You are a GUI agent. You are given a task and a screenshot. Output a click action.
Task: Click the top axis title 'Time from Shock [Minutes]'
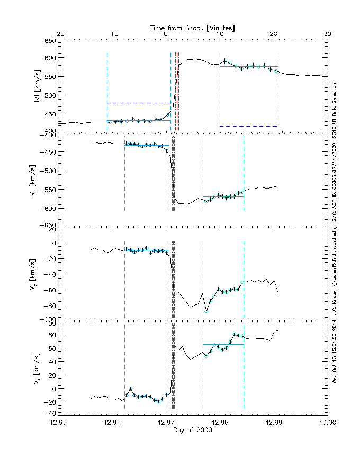(192, 27)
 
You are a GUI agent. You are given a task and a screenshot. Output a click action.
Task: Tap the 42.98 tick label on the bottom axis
(220, 423)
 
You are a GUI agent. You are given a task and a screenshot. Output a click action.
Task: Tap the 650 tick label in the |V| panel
(49, 41)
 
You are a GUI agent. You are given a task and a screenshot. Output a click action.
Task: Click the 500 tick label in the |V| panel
(49, 95)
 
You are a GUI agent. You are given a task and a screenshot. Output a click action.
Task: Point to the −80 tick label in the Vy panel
(49, 306)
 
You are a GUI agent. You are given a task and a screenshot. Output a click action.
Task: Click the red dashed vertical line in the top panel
(176, 90)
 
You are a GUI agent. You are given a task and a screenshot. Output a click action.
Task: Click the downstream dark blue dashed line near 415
(248, 126)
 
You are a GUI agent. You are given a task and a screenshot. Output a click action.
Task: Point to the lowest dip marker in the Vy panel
(206, 312)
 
